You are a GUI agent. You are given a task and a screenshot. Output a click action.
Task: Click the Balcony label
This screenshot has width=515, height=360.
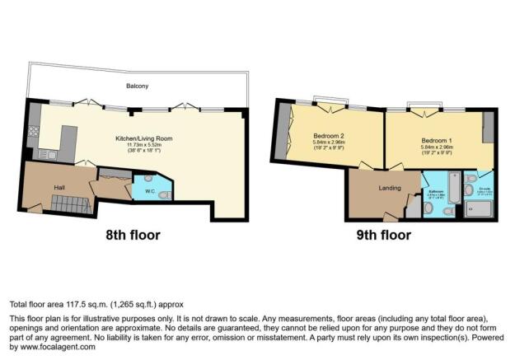tap(137, 85)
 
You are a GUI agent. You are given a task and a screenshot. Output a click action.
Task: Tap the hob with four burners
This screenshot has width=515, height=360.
tap(35, 131)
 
